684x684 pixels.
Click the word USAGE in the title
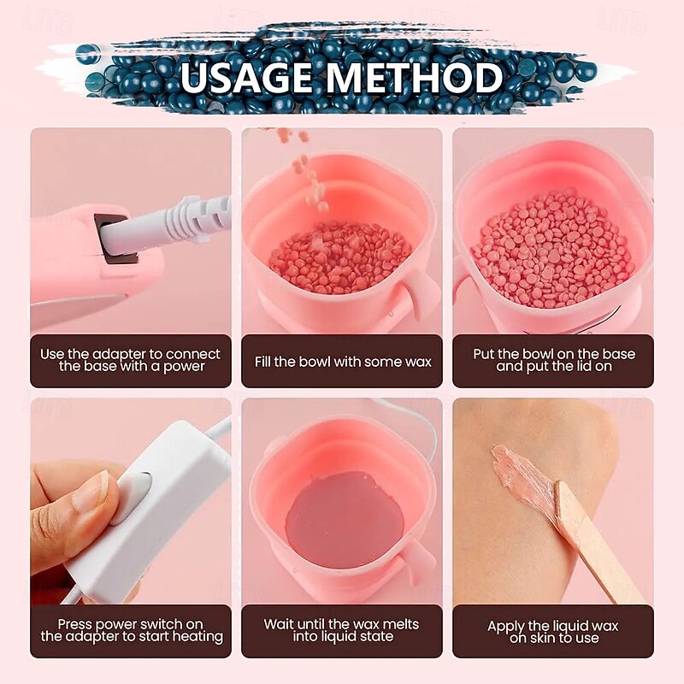click(246, 77)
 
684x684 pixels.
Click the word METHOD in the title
click(415, 77)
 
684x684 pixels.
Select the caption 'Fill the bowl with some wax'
click(343, 362)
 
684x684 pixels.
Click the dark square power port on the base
click(115, 239)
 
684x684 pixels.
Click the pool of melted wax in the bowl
click(345, 519)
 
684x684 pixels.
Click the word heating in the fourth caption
click(198, 637)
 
